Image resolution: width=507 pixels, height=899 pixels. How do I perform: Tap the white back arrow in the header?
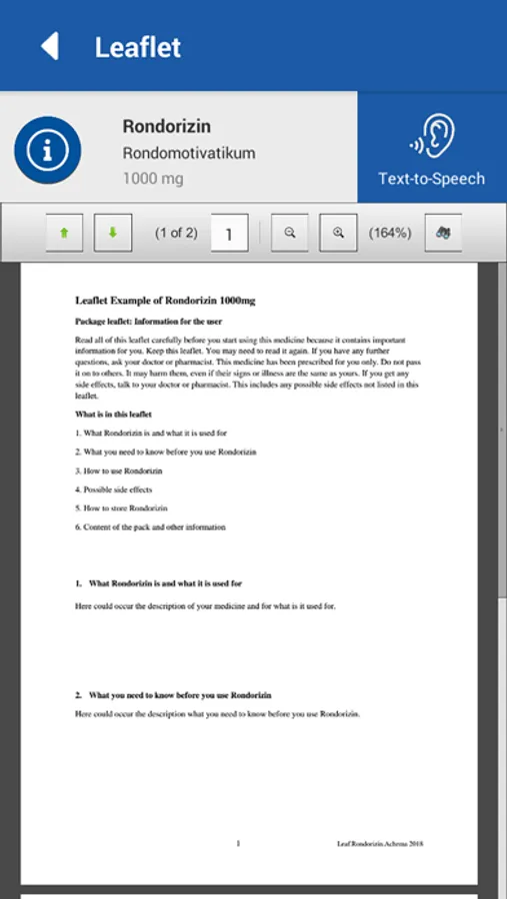coord(49,46)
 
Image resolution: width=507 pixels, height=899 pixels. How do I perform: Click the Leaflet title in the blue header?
coord(138,47)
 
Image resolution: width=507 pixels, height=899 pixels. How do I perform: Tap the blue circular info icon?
coord(47,150)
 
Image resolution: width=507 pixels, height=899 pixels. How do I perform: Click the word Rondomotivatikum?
coord(189,154)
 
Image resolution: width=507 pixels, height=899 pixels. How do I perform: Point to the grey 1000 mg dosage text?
coord(153,179)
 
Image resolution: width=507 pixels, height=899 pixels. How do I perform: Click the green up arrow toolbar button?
coord(65,233)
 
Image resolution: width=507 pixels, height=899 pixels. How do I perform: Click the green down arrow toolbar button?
coord(113,233)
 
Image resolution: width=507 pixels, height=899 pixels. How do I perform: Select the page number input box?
coord(229,234)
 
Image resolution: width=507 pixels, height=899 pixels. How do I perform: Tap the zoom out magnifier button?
coord(290,233)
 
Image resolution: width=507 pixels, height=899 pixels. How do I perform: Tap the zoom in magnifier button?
coord(338,233)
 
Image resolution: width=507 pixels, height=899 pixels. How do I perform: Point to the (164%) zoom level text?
coord(390,233)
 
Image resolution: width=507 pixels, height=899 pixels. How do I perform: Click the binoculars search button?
coord(443,233)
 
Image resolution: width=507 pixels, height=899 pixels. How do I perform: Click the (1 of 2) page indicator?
coord(176,233)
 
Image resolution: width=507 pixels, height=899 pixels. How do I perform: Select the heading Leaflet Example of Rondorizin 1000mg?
coord(165,300)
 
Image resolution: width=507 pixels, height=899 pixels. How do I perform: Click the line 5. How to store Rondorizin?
coord(121,508)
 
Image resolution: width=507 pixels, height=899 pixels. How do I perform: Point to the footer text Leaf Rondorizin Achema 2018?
coord(381,844)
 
